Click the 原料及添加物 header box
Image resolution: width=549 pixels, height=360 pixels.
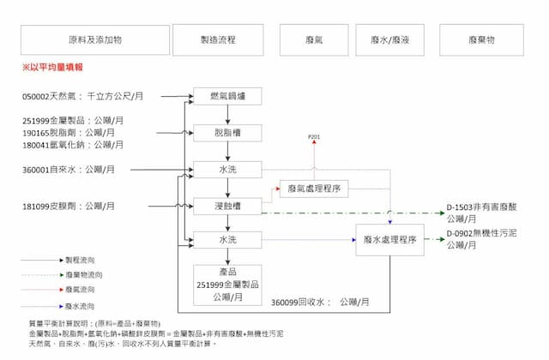[94, 40]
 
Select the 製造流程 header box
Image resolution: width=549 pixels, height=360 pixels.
[218, 40]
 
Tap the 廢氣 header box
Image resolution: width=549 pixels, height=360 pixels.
[314, 40]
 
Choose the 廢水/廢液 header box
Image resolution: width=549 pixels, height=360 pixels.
[389, 40]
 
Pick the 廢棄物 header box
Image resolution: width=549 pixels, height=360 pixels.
[481, 40]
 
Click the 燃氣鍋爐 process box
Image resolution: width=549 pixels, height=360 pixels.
[227, 96]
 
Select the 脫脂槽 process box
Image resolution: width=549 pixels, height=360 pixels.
[227, 133]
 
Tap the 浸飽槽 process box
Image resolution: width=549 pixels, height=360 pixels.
[227, 206]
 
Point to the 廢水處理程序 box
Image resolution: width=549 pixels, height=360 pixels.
[390, 241]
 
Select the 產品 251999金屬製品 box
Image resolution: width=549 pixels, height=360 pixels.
[227, 284]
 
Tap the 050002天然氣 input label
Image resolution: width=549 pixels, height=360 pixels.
[82, 97]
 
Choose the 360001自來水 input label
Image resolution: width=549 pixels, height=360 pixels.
[68, 170]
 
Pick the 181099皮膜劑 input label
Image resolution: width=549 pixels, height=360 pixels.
[69, 207]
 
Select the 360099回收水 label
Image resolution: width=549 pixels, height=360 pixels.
[320, 303]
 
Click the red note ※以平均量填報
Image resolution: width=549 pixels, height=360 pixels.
[53, 67]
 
